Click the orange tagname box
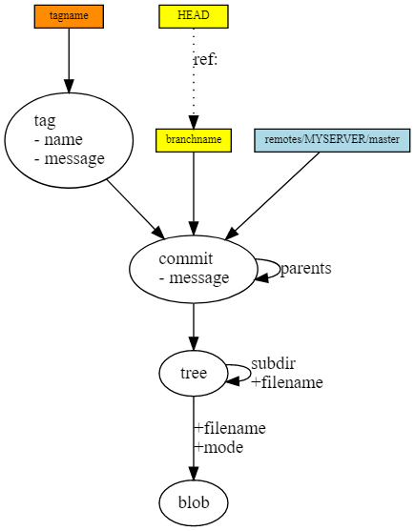[x=68, y=16]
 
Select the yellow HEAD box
[x=194, y=16]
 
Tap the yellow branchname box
[x=194, y=140]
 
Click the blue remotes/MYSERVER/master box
[x=331, y=140]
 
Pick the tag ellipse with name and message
[x=69, y=139]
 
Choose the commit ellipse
[x=194, y=268]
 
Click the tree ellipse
[x=194, y=373]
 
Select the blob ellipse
[x=194, y=500]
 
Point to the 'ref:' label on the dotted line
[x=205, y=60]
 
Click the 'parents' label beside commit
[x=305, y=269]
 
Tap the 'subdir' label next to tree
[x=273, y=364]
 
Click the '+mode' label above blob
[x=218, y=447]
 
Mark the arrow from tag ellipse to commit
[x=134, y=206]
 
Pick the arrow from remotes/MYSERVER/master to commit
[x=272, y=194]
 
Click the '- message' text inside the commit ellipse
[x=195, y=278]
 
